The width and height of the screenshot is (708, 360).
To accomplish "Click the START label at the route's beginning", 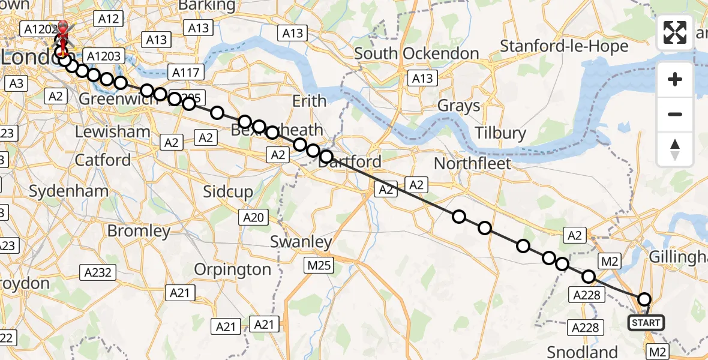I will (646, 323).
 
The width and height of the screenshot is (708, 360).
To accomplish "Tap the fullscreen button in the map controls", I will (675, 32).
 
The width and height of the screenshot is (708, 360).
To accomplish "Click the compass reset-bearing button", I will (675, 149).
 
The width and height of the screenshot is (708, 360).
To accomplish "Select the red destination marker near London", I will (62, 33).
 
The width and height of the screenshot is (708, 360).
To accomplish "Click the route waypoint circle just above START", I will (644, 299).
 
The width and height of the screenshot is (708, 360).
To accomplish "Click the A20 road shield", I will (253, 217).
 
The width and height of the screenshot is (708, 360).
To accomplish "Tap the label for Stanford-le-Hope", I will (564, 46).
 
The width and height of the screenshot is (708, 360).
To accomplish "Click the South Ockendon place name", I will (416, 53).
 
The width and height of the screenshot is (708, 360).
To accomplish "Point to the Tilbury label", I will (500, 133).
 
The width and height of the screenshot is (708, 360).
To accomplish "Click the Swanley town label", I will (301, 242).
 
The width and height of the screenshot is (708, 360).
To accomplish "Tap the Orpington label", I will (233, 270).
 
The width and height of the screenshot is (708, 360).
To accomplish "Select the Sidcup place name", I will (228, 192).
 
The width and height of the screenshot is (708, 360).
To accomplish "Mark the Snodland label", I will (582, 352).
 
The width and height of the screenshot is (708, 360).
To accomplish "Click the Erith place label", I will (309, 101).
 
